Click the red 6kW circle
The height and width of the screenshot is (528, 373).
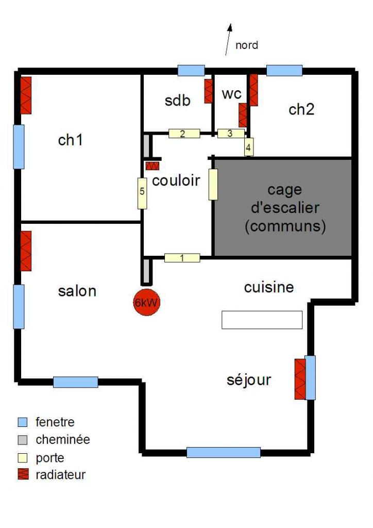[147, 303]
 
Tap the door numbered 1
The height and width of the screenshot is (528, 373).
[182, 258]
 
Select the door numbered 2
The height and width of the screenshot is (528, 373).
[184, 133]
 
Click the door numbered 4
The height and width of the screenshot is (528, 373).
[249, 146]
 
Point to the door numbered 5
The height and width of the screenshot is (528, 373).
[142, 193]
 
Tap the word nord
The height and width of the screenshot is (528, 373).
[247, 45]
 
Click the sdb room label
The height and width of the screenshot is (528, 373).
[178, 101]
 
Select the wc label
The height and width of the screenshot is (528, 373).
[232, 94]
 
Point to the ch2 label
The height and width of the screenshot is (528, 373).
[301, 109]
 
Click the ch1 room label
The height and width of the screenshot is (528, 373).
[71, 139]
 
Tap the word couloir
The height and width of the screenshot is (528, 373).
[176, 181]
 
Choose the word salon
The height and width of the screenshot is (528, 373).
[77, 291]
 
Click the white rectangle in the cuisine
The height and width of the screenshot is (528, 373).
[262, 320]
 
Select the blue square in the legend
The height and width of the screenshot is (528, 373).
[23, 422]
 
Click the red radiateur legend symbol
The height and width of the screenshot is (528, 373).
[23, 475]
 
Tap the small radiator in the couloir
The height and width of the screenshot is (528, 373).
[152, 166]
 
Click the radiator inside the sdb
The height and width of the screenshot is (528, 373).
[209, 91]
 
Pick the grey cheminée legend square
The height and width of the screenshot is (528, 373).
[23, 440]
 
